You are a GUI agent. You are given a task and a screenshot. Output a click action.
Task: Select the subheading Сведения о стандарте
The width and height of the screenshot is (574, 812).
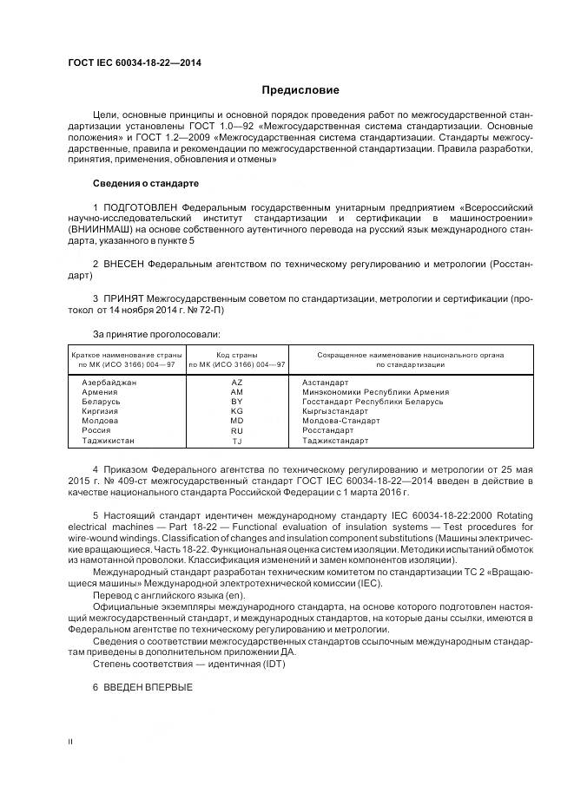[146, 184]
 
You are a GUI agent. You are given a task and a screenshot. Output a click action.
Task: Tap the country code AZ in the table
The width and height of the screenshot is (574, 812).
[236, 383]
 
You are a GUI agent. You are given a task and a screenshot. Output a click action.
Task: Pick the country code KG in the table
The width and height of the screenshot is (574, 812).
[236, 411]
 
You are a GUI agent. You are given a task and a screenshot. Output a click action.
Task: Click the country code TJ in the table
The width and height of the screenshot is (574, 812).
[236, 441]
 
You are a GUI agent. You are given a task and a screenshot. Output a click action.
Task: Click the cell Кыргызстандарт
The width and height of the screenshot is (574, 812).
[335, 411]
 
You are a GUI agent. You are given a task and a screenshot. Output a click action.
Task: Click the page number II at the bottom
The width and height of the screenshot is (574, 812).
[70, 742]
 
